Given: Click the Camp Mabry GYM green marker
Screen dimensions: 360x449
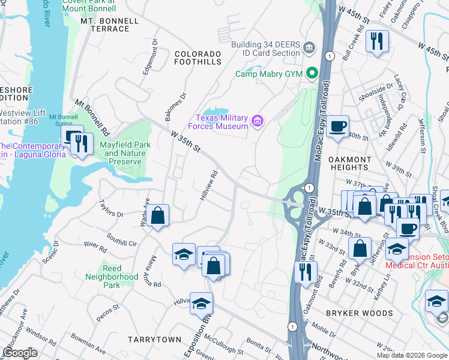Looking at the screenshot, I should click(312, 73).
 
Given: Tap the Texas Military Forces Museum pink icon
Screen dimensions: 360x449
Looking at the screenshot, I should click(258, 122).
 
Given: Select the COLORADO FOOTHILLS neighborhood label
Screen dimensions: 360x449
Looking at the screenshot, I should click(197, 58).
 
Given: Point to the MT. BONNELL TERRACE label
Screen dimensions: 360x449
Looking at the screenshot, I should click(109, 25).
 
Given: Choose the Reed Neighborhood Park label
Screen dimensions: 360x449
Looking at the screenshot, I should click(112, 277).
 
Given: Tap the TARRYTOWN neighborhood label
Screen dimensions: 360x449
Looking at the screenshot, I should click(154, 340).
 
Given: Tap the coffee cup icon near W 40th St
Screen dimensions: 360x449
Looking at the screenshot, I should click(338, 127).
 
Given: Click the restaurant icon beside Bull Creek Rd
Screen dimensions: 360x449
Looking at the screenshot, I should click(377, 41).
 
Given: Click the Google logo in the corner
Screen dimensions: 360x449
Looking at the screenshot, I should click(20, 353).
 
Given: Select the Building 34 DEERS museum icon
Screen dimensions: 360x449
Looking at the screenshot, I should click(309, 47).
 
